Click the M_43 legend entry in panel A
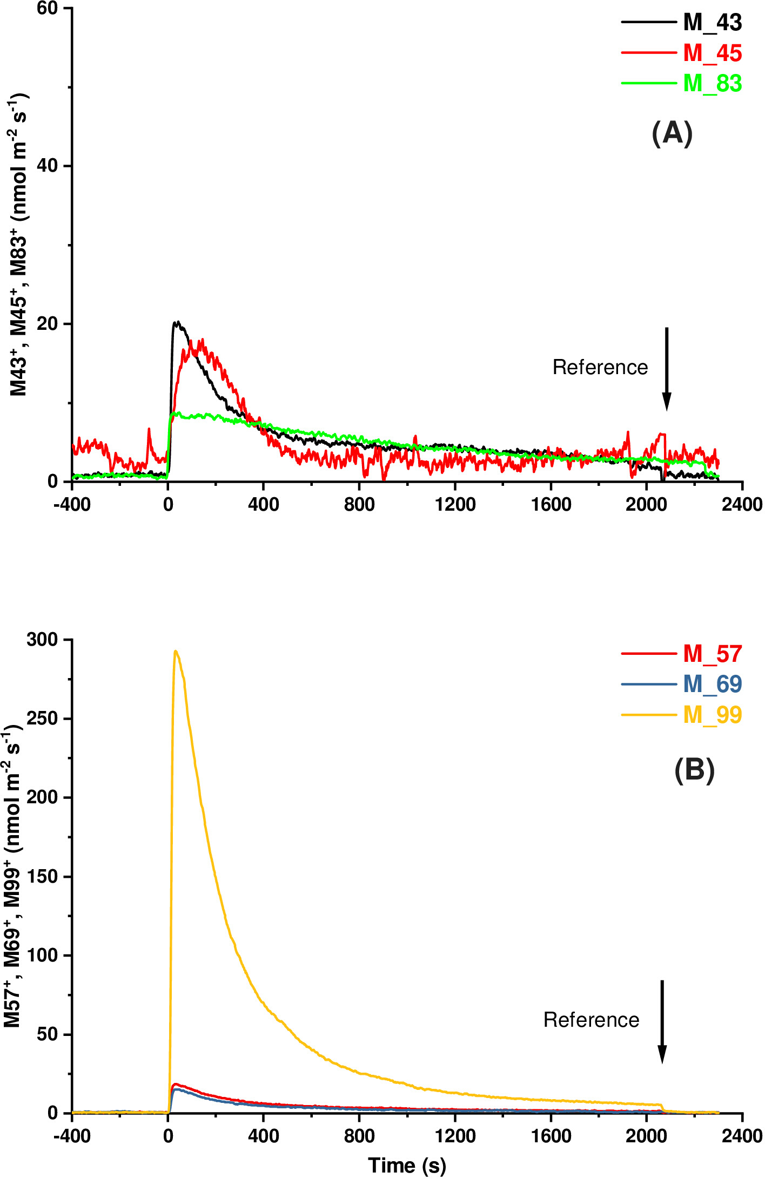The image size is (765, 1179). point(713,23)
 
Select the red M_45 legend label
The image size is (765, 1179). point(713,53)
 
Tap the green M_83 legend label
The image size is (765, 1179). point(713,84)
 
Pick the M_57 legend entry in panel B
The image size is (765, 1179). point(713,654)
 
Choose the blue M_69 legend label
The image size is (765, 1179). point(713,684)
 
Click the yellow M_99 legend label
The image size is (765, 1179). point(713,715)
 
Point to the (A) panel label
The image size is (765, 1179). point(672,133)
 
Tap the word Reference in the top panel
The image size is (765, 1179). point(600,367)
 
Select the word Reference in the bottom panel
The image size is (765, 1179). point(591,1020)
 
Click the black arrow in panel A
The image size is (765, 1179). point(667,369)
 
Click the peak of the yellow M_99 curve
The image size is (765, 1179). point(176,651)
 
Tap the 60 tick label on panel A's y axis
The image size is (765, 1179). point(47,9)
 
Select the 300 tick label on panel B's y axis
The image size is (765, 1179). point(42,640)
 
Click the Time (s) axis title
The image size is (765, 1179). point(407,1166)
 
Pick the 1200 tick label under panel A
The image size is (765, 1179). point(455,504)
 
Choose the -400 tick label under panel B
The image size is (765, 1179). point(72,1136)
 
